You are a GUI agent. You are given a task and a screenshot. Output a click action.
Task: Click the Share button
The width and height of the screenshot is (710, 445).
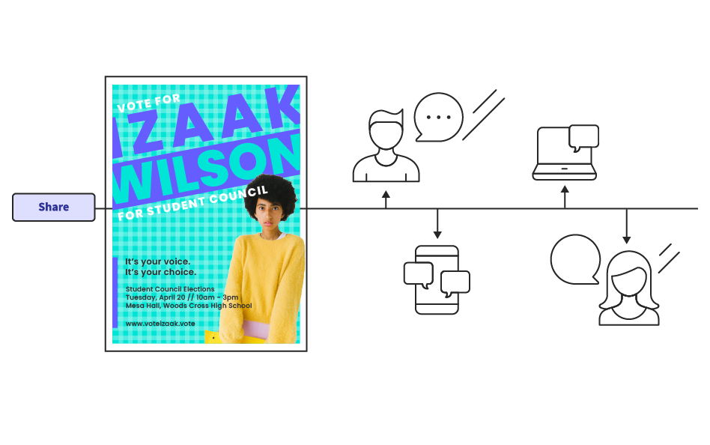[x=54, y=208]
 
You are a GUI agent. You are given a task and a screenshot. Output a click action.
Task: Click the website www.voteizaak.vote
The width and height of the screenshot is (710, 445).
[x=160, y=324]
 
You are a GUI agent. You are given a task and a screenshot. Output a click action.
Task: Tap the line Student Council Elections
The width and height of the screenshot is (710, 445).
[x=170, y=289]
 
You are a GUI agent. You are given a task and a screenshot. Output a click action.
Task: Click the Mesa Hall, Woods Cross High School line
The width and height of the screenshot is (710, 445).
[x=189, y=306]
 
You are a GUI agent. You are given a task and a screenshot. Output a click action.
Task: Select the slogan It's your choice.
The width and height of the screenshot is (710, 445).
[x=160, y=273]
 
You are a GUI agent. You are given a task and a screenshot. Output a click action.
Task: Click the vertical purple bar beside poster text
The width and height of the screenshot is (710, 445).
[x=115, y=292]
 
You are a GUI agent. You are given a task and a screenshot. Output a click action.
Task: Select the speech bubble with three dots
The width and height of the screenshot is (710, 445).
[x=438, y=118]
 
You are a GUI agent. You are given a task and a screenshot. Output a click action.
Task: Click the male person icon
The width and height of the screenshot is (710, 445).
[x=386, y=148]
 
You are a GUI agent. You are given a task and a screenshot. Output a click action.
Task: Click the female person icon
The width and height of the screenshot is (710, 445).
[x=629, y=289]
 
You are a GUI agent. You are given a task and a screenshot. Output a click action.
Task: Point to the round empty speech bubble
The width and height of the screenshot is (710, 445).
[x=575, y=260]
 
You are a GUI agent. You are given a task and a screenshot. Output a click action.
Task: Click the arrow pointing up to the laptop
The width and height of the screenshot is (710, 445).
[x=565, y=197]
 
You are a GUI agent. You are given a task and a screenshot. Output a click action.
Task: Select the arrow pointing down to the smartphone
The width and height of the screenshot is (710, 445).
[x=437, y=224]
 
